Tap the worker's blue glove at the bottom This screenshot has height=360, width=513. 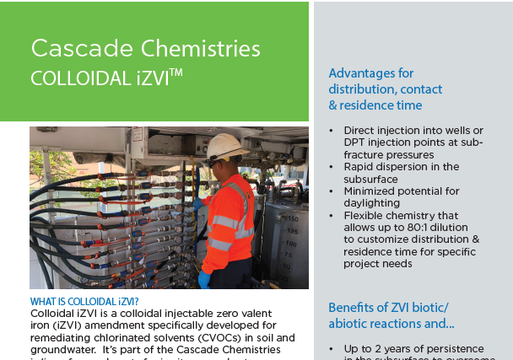(x=203, y=279)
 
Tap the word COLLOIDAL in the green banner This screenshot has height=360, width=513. (x=68, y=77)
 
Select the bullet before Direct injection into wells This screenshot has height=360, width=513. (x=332, y=131)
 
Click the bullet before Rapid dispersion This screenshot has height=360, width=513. (x=332, y=167)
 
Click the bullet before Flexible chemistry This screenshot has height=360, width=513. (x=332, y=216)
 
